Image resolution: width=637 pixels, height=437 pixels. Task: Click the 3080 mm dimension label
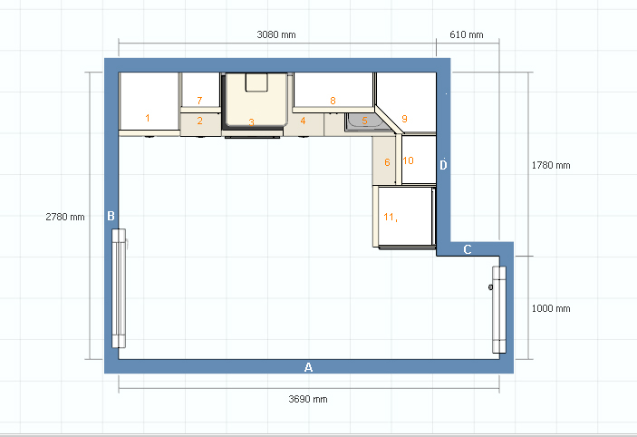[x=276, y=34]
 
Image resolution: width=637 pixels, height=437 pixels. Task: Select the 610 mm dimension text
[x=467, y=34]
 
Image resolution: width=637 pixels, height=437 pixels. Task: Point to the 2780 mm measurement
[x=65, y=217]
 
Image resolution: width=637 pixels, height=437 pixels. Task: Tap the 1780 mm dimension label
[x=551, y=165]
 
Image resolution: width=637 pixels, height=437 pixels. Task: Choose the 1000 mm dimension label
[x=551, y=308]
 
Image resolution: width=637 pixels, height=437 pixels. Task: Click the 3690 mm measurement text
[x=308, y=399]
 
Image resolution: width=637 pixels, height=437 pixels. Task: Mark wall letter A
[x=308, y=367]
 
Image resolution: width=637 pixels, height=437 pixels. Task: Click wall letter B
[x=111, y=216]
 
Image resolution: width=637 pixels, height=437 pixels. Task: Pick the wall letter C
[x=468, y=249]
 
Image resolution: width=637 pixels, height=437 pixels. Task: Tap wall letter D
[x=443, y=165]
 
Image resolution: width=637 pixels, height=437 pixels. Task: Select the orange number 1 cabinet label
[x=148, y=118]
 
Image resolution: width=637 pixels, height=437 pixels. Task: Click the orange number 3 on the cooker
[x=252, y=122]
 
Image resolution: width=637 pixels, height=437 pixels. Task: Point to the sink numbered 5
[x=364, y=121]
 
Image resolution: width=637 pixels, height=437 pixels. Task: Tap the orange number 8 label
[x=333, y=101]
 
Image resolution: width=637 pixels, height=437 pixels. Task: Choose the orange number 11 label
[x=390, y=217]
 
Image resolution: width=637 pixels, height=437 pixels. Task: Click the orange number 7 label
[x=199, y=101]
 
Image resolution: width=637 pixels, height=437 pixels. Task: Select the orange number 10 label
[x=409, y=160]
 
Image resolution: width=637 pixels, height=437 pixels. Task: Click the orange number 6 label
[x=387, y=162]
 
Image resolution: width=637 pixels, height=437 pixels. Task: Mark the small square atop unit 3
[x=256, y=83]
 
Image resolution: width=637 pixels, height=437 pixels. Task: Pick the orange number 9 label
[x=404, y=119]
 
